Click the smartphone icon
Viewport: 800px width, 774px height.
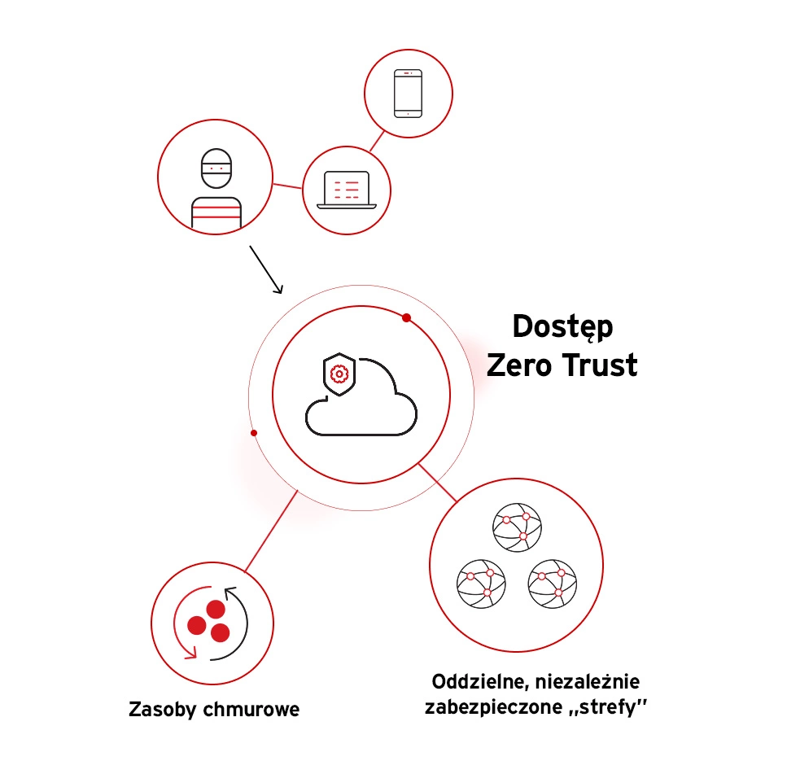(409, 94)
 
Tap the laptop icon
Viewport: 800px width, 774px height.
(347, 190)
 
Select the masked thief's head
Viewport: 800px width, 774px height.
(216, 168)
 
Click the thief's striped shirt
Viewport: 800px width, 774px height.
(216, 212)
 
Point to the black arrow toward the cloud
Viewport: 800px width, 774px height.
(266, 270)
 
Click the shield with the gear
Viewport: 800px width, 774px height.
(339, 374)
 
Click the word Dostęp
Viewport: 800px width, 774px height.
(562, 328)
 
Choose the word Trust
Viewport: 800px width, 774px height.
(600, 365)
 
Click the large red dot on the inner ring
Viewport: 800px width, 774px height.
(407, 318)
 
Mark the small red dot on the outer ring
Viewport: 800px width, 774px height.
(254, 433)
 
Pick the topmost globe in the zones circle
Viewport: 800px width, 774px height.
(517, 527)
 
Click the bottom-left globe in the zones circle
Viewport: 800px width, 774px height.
(481, 584)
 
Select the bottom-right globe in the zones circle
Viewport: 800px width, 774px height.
(553, 584)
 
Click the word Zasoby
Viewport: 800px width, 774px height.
(162, 710)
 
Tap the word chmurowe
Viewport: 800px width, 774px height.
(251, 709)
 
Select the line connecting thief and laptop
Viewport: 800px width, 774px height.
(288, 186)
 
